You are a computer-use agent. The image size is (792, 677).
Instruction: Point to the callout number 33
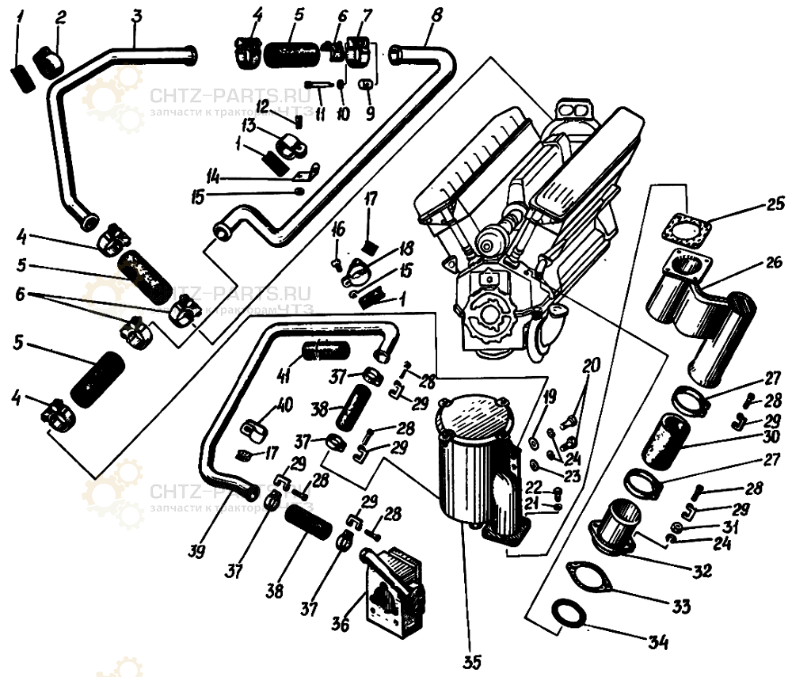click(x=680, y=607)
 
